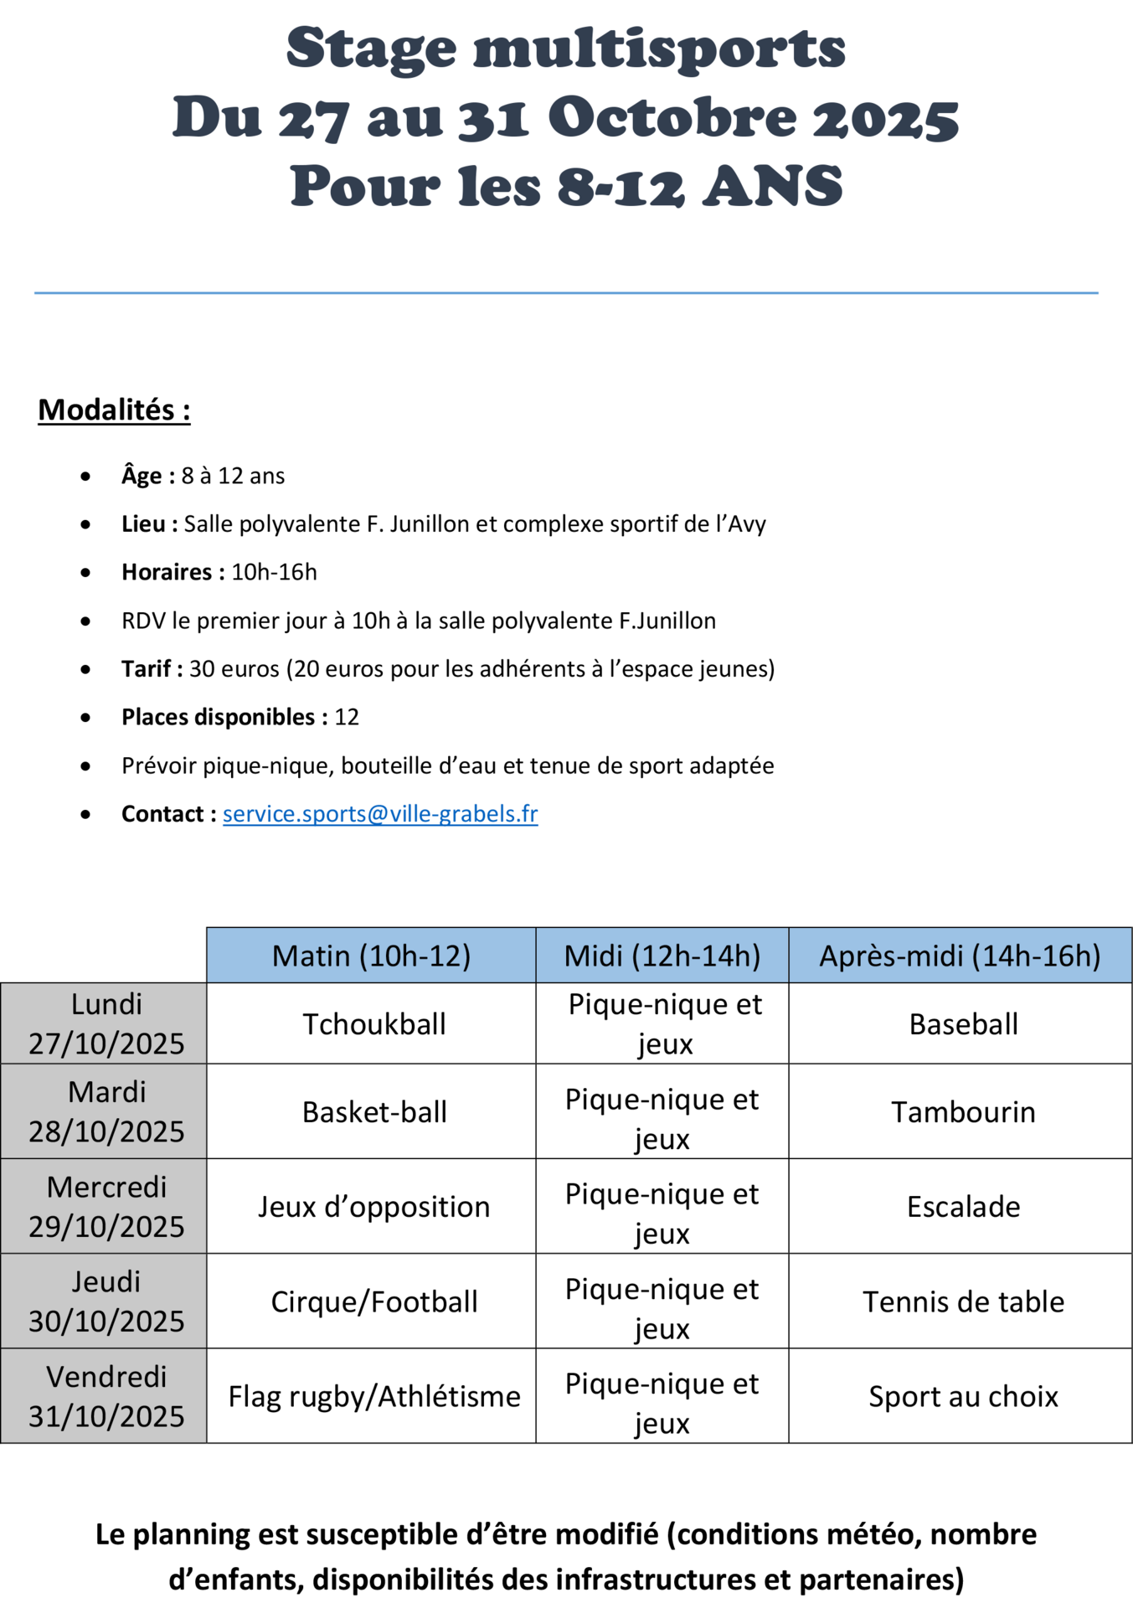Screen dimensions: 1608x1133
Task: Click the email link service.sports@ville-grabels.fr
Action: (x=379, y=814)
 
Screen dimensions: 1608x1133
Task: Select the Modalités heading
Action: (x=114, y=410)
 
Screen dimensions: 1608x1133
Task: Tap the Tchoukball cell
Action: (x=373, y=1024)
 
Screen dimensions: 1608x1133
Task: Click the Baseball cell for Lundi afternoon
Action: (x=963, y=1024)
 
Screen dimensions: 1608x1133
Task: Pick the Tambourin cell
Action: (x=963, y=1112)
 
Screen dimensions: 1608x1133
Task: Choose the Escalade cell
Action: (x=963, y=1207)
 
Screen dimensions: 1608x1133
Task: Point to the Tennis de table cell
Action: (x=963, y=1302)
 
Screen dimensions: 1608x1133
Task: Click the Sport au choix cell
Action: (x=963, y=1397)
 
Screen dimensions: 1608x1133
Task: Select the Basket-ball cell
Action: (x=373, y=1112)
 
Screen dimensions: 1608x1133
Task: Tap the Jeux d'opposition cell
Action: (x=373, y=1207)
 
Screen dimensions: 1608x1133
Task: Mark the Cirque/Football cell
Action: (x=373, y=1302)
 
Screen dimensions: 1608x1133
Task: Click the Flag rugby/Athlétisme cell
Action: (x=373, y=1397)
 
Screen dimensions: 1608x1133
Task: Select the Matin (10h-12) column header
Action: (x=371, y=956)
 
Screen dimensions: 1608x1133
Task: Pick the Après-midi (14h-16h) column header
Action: (x=960, y=956)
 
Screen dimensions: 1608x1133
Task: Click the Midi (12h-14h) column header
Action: (x=662, y=956)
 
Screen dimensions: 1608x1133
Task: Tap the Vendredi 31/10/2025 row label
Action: (x=106, y=1397)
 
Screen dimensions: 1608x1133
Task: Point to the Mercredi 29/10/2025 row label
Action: (x=106, y=1207)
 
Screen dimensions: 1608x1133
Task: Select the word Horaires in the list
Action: (x=167, y=573)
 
